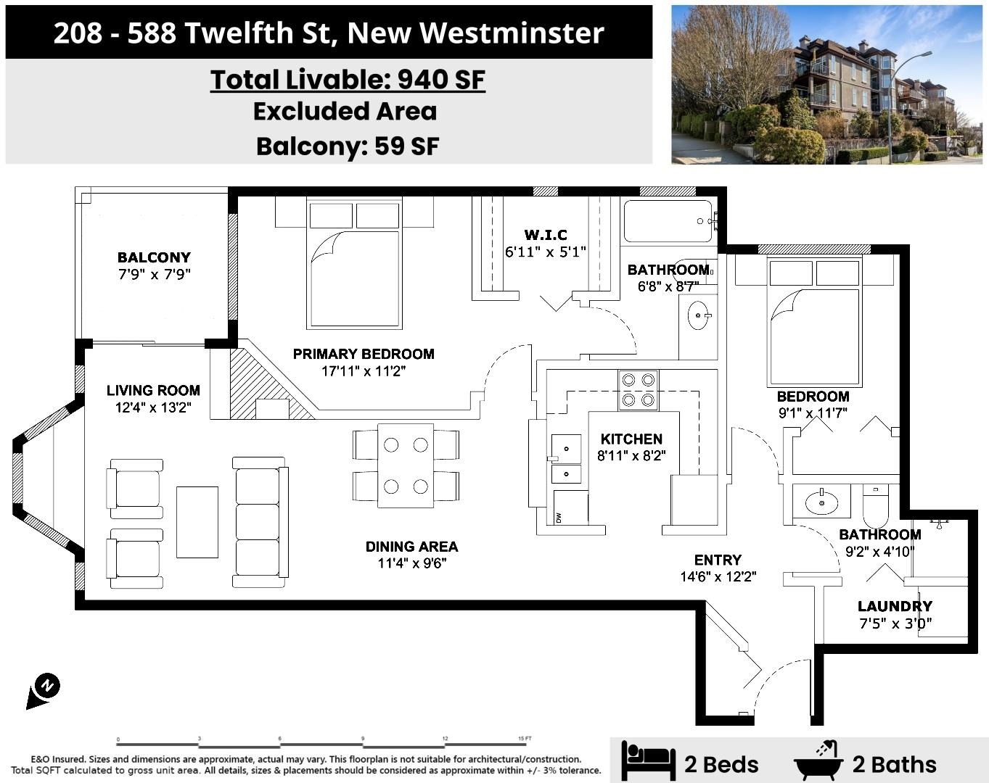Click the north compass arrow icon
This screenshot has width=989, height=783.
(x=44, y=690)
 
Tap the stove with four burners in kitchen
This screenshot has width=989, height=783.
(x=638, y=390)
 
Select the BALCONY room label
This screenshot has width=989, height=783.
(x=154, y=257)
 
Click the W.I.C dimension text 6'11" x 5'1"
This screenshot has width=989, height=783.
(x=546, y=252)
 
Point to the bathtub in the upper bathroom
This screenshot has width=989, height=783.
(x=668, y=221)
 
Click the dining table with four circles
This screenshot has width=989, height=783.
(x=406, y=465)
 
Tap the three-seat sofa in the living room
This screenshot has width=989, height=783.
(x=259, y=521)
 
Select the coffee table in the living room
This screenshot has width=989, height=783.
(x=197, y=521)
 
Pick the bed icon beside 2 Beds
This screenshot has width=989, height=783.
(x=648, y=761)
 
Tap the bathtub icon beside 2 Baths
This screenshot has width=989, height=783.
(x=819, y=761)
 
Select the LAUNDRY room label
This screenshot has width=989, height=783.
(x=895, y=606)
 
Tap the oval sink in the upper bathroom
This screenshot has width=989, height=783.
(x=698, y=316)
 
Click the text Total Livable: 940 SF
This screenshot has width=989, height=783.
(x=348, y=80)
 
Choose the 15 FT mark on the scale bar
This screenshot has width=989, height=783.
(x=525, y=739)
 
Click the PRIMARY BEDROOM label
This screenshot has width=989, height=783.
(x=364, y=354)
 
